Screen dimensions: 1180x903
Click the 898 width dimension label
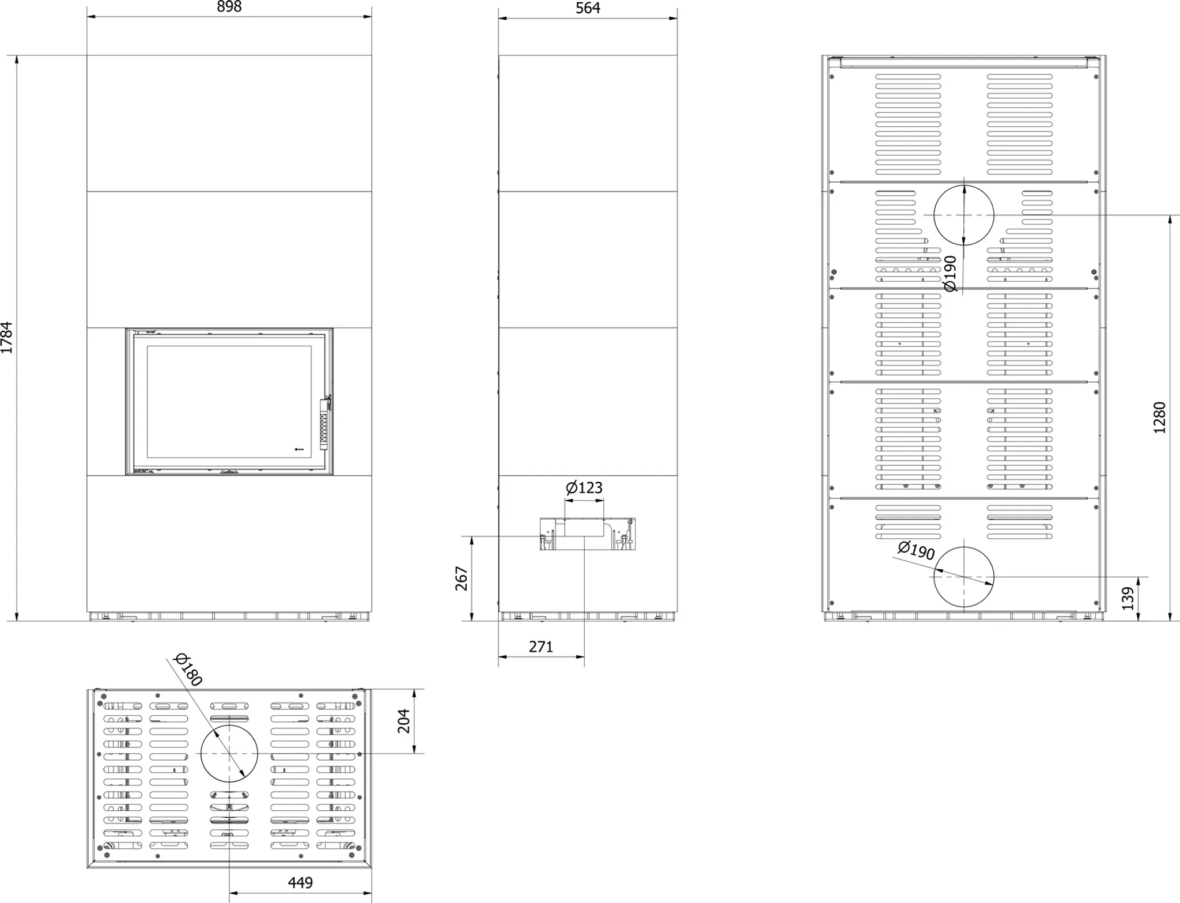coord(229,7)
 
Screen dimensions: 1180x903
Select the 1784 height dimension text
coord(7,338)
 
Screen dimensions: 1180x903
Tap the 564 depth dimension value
coord(588,8)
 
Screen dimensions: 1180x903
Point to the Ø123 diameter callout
coord(584,488)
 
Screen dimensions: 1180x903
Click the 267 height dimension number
coord(462,579)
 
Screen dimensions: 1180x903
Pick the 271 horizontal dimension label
coord(541,647)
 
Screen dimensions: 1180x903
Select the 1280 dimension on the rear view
coord(1159,418)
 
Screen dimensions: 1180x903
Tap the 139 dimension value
coord(1128,599)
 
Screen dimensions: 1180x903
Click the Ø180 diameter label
coord(188,670)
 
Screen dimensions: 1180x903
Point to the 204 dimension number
coord(404,721)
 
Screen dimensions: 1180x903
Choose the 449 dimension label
coord(300,883)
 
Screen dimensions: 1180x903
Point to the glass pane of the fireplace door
coord(229,402)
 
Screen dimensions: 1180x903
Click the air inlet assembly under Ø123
coord(588,534)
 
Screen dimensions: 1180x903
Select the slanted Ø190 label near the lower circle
coord(916,550)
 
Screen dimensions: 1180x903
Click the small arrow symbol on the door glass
coord(298,449)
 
